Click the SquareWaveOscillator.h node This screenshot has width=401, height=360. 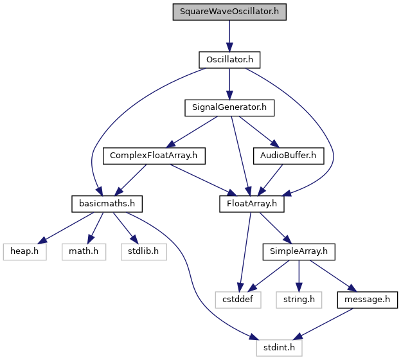229,12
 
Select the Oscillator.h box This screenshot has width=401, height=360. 229,60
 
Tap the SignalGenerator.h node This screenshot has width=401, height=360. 229,108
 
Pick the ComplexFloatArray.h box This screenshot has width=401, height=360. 154,156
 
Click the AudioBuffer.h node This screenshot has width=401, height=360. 289,156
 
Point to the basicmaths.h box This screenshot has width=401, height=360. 107,204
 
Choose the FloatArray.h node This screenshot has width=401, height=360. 252,204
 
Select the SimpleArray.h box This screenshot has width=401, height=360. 299,252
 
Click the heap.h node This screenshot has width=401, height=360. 25,252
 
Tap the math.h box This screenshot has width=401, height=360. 84,252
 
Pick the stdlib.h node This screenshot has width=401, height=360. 144,252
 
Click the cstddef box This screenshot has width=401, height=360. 238,300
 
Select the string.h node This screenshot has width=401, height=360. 299,300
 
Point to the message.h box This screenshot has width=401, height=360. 367,300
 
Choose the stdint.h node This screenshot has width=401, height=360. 280,348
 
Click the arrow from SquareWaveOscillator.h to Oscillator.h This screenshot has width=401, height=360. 229,36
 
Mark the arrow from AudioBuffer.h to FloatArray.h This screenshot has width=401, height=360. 271,180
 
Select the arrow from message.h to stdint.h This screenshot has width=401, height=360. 323,324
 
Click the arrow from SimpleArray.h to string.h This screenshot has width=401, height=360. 299,276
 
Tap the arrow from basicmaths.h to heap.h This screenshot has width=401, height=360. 66,228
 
